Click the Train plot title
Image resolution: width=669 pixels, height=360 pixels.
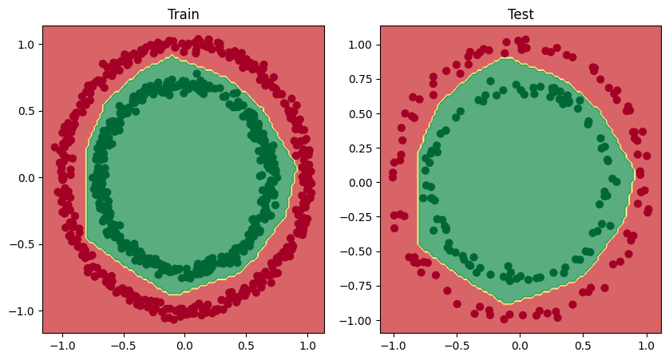tap(184, 14)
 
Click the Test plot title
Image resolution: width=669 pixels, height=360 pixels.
tap(521, 14)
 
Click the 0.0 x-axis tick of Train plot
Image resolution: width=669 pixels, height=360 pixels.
tap(184, 346)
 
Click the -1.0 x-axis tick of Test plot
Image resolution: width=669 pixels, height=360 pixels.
tap(390, 346)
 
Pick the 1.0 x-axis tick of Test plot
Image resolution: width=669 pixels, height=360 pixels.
tap(650, 346)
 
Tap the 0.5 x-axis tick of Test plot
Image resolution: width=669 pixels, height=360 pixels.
tap(585, 346)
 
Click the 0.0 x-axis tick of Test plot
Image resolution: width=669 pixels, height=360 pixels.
tap(521, 346)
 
